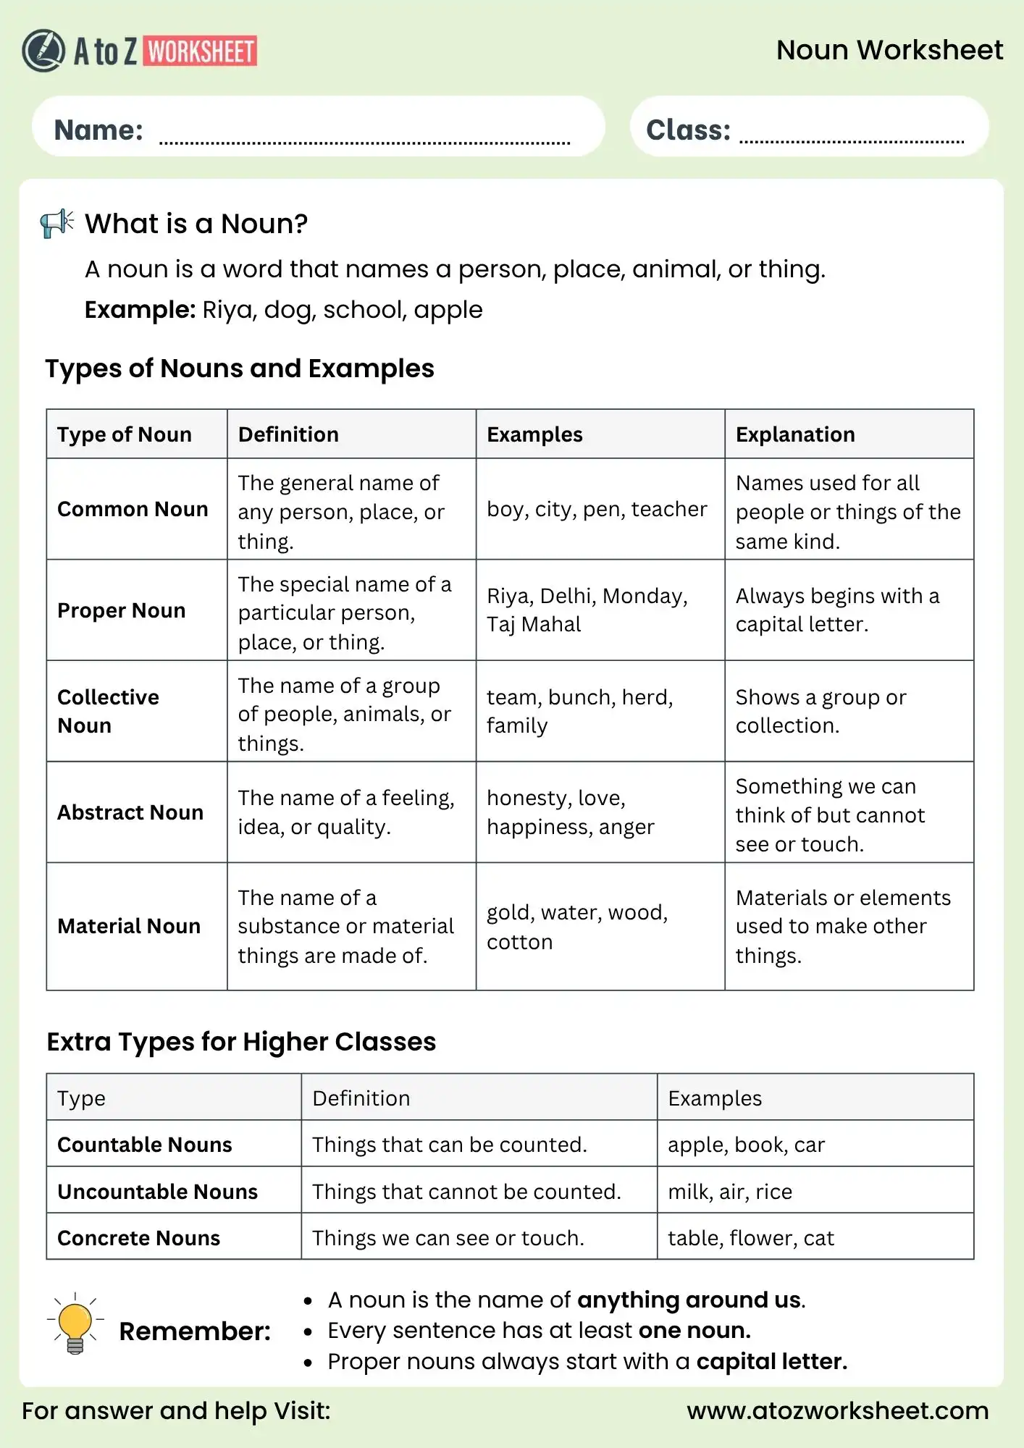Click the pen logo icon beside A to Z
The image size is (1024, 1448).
coord(43,51)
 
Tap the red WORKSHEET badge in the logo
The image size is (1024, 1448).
coord(201,51)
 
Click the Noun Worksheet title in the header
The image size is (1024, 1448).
coord(889,50)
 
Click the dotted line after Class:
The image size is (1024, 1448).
coord(851,141)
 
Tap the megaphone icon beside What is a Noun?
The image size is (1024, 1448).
coord(57,223)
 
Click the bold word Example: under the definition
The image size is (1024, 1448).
coord(140,310)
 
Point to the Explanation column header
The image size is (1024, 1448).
coord(794,434)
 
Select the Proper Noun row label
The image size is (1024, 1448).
coord(122,610)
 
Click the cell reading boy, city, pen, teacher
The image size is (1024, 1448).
coord(597,509)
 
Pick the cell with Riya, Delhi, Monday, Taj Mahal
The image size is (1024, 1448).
coord(587,610)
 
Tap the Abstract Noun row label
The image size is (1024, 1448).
coord(130,812)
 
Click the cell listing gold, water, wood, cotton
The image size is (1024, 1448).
coord(577,927)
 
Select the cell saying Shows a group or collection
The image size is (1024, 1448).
coord(821,711)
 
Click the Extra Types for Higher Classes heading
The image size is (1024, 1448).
coord(241,1042)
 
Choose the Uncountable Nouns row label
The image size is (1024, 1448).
coord(157,1192)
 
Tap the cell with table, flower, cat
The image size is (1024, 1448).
coord(751,1238)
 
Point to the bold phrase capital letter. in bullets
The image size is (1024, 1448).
coord(771,1361)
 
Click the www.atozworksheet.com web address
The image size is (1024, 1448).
coord(837,1410)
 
